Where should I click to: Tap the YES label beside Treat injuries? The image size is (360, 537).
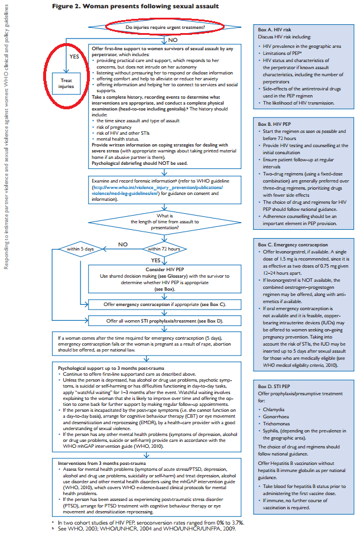[74, 57]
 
